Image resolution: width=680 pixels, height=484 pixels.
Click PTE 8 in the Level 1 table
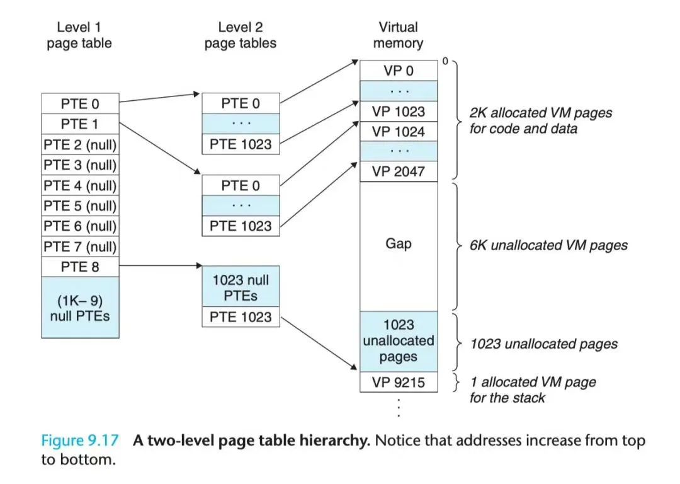coord(80,267)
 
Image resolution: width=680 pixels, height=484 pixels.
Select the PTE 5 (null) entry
coord(80,205)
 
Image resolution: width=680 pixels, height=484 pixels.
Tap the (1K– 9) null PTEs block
coord(80,307)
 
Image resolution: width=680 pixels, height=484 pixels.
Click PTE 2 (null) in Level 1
coord(80,144)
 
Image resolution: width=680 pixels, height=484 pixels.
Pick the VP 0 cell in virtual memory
coord(398,71)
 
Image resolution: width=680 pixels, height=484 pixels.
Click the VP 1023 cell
coord(398,112)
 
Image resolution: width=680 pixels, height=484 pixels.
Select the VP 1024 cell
coord(398,132)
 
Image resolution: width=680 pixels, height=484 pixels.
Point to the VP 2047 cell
coord(398,171)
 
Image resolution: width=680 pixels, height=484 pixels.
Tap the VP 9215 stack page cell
coord(398,383)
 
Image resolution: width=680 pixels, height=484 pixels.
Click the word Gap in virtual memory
coord(398,244)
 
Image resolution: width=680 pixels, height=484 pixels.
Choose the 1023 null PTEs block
coord(240,287)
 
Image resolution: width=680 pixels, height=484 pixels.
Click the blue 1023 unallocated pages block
coord(398,341)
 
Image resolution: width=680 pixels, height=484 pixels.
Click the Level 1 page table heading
coord(79,35)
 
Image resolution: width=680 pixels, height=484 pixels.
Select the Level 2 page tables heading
coord(240,35)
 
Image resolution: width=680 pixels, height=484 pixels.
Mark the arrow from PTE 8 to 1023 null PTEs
coord(160,267)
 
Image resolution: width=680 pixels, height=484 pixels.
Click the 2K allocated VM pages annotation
coord(540,121)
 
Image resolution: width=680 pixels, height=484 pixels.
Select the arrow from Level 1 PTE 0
coord(159,98)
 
